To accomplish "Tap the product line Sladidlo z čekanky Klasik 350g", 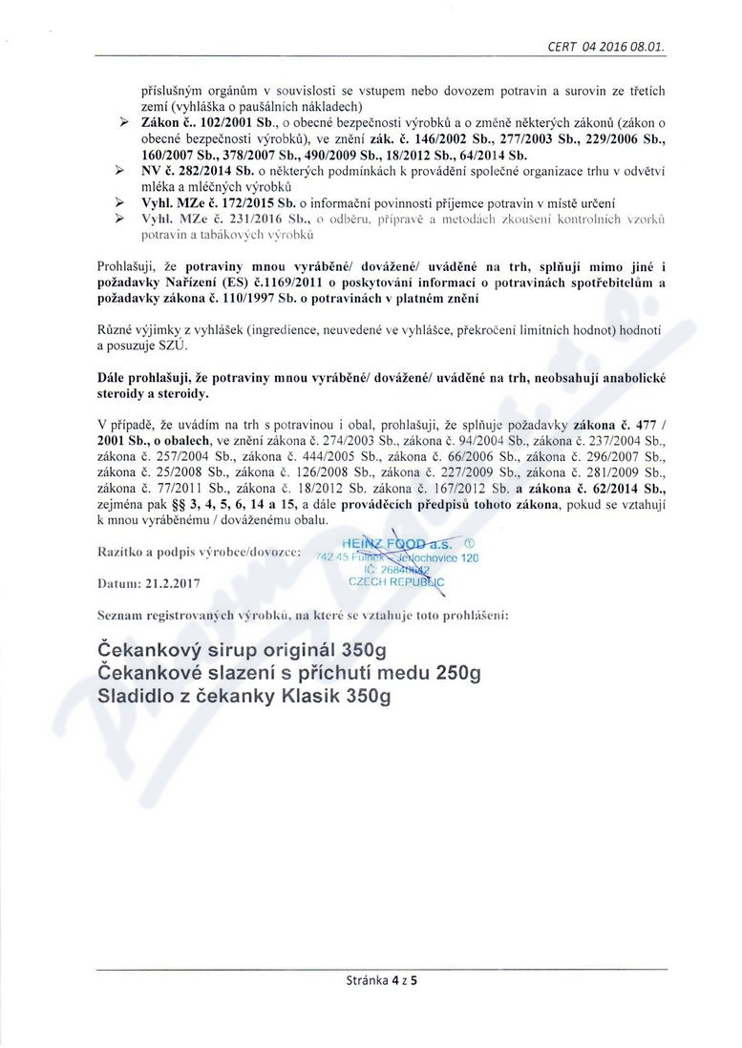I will [x=244, y=697].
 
